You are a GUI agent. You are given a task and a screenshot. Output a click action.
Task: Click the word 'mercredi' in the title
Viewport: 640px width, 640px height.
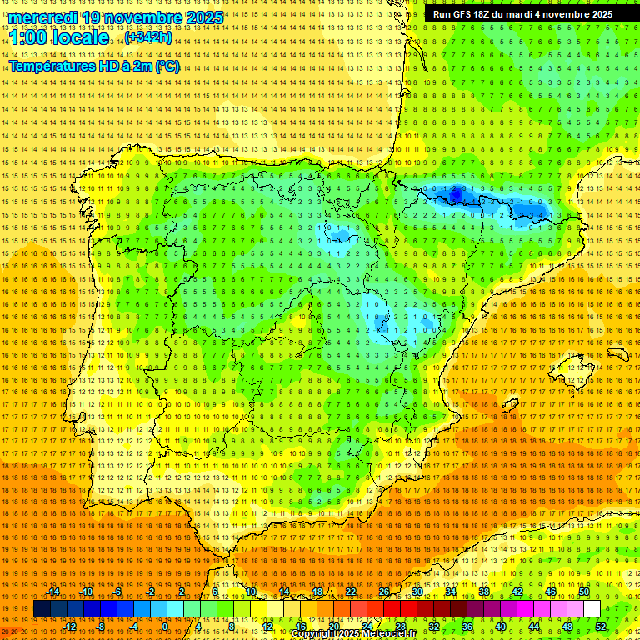pos(43,17)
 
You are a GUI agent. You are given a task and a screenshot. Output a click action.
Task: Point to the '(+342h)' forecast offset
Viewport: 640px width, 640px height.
pos(148,37)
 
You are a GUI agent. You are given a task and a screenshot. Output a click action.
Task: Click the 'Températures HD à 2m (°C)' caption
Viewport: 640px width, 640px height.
pos(93,67)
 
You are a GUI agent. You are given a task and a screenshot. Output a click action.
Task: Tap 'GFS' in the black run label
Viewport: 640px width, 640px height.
pos(471,14)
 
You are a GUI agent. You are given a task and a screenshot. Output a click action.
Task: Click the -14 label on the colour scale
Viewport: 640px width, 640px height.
pos(54,592)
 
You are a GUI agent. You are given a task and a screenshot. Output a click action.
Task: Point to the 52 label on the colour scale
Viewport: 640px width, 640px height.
pos(601,627)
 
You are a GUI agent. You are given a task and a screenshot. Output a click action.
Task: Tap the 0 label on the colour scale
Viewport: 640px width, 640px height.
pos(166,627)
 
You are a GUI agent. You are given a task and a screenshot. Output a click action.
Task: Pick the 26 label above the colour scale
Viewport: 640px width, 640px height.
pos(383,592)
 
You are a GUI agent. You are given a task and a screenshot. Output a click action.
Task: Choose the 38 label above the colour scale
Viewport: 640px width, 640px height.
pos(483,592)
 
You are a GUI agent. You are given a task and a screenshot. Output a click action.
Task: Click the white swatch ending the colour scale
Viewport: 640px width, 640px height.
pos(592,609)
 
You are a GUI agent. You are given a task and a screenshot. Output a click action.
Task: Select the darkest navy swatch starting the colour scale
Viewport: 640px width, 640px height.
pos(42,609)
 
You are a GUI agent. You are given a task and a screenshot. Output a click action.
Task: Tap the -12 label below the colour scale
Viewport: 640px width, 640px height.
pos(70,627)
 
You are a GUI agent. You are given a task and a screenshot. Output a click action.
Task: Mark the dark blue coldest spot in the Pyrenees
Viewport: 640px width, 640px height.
pos(456,194)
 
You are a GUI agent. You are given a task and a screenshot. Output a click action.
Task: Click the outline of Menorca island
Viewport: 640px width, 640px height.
pos(617,354)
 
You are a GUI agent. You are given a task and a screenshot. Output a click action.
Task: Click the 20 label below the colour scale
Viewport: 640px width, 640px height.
pos(333,627)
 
